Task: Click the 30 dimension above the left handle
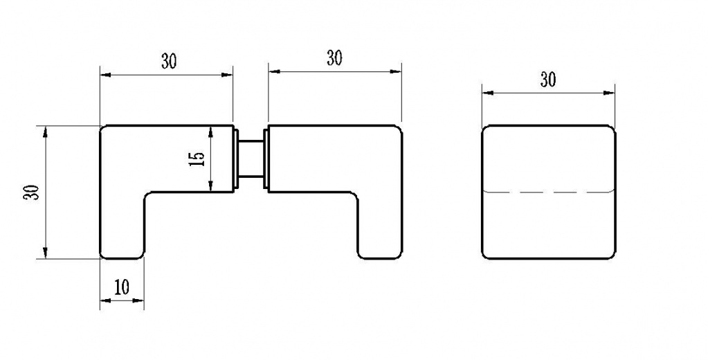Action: coord(169,62)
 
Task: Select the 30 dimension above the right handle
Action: coord(334,58)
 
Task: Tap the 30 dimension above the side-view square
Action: coord(548,80)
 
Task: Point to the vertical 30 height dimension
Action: coord(32,192)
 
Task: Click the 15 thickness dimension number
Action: coord(197,159)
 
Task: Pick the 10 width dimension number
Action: coord(122,287)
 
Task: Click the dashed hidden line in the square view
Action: coord(549,192)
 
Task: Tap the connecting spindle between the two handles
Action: coord(251,158)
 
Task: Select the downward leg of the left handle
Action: coord(122,226)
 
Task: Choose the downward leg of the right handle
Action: coord(380,226)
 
